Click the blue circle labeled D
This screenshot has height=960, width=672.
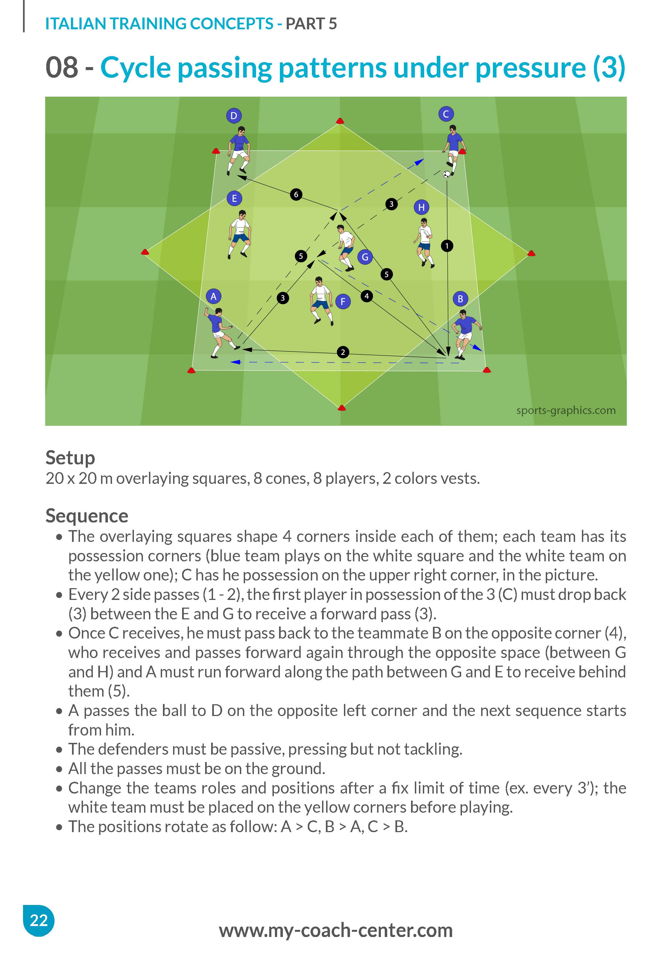tap(234, 116)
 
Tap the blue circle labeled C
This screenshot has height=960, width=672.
tap(446, 114)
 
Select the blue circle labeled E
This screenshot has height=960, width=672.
tap(234, 198)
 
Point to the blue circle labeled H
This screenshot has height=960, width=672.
tap(421, 207)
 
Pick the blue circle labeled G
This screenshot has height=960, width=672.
tap(365, 257)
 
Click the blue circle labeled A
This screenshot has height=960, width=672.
tap(214, 297)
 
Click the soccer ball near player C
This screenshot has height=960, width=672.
tap(447, 174)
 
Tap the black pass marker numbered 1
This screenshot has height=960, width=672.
tap(447, 246)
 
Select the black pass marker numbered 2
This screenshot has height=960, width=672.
tap(343, 352)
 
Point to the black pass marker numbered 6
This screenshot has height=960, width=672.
tap(296, 194)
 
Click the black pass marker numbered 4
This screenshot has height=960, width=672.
tap(367, 296)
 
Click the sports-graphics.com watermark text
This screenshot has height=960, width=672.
tap(566, 410)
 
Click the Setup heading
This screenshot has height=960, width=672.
tap(70, 458)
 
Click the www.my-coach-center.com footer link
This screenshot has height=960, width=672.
tap(336, 930)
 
